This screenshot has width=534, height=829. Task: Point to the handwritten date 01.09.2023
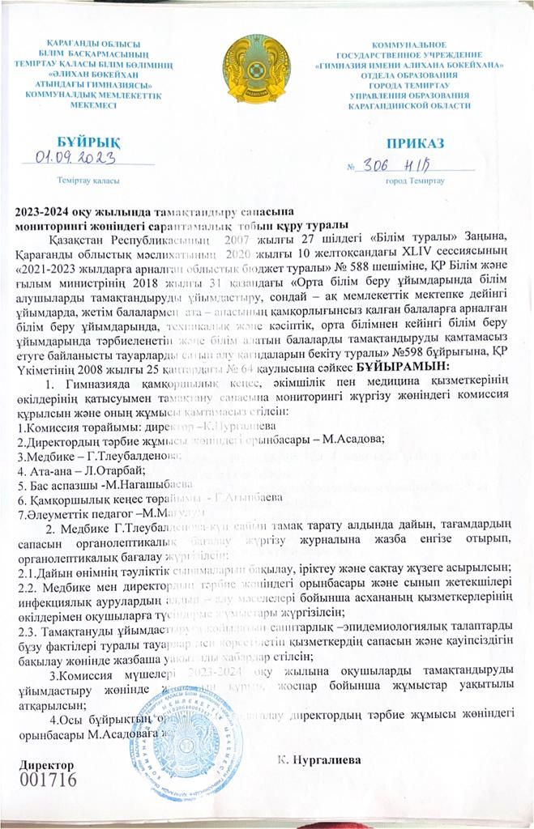tap(75, 158)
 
